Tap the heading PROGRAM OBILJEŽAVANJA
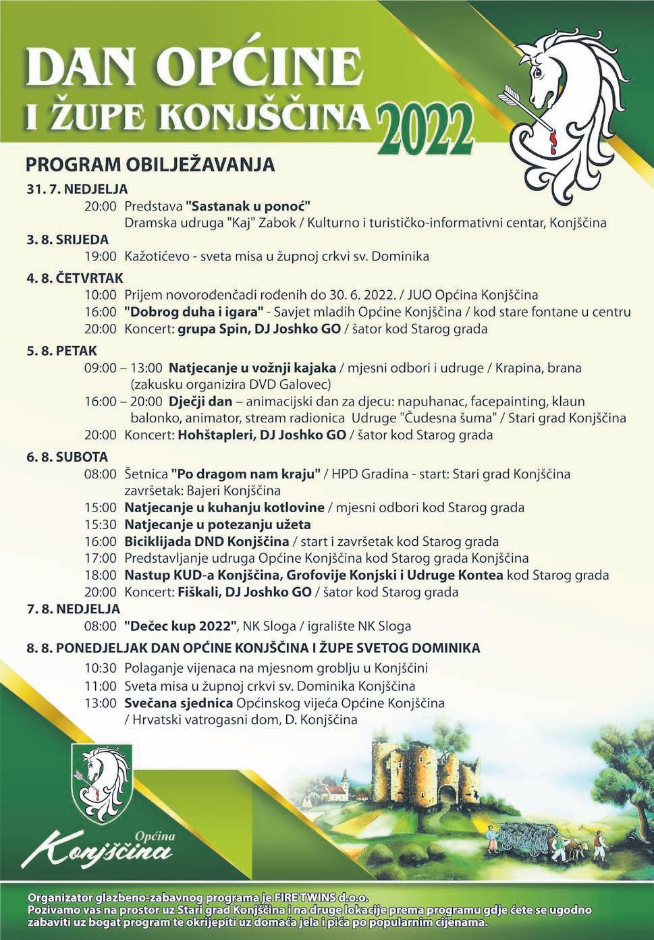point(149,164)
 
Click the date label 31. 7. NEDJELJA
point(77,188)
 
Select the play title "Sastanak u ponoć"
point(251,205)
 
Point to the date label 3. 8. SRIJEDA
point(67,239)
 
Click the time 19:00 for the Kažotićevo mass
point(101,256)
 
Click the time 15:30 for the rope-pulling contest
point(101,524)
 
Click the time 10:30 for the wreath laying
point(101,668)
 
